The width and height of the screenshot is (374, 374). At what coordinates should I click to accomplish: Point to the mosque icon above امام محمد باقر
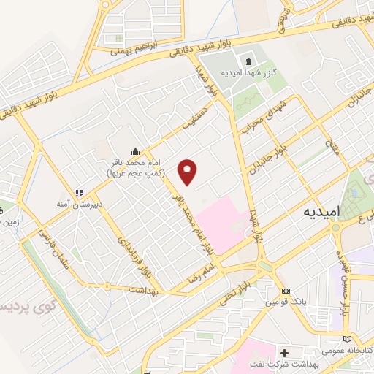(134, 150)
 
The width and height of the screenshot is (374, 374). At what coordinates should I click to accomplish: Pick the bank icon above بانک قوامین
(285, 290)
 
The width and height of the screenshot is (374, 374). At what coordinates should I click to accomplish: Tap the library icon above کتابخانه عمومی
(356, 338)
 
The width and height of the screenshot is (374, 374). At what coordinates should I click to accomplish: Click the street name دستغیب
(196, 119)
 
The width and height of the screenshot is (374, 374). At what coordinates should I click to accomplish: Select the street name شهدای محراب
(262, 117)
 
